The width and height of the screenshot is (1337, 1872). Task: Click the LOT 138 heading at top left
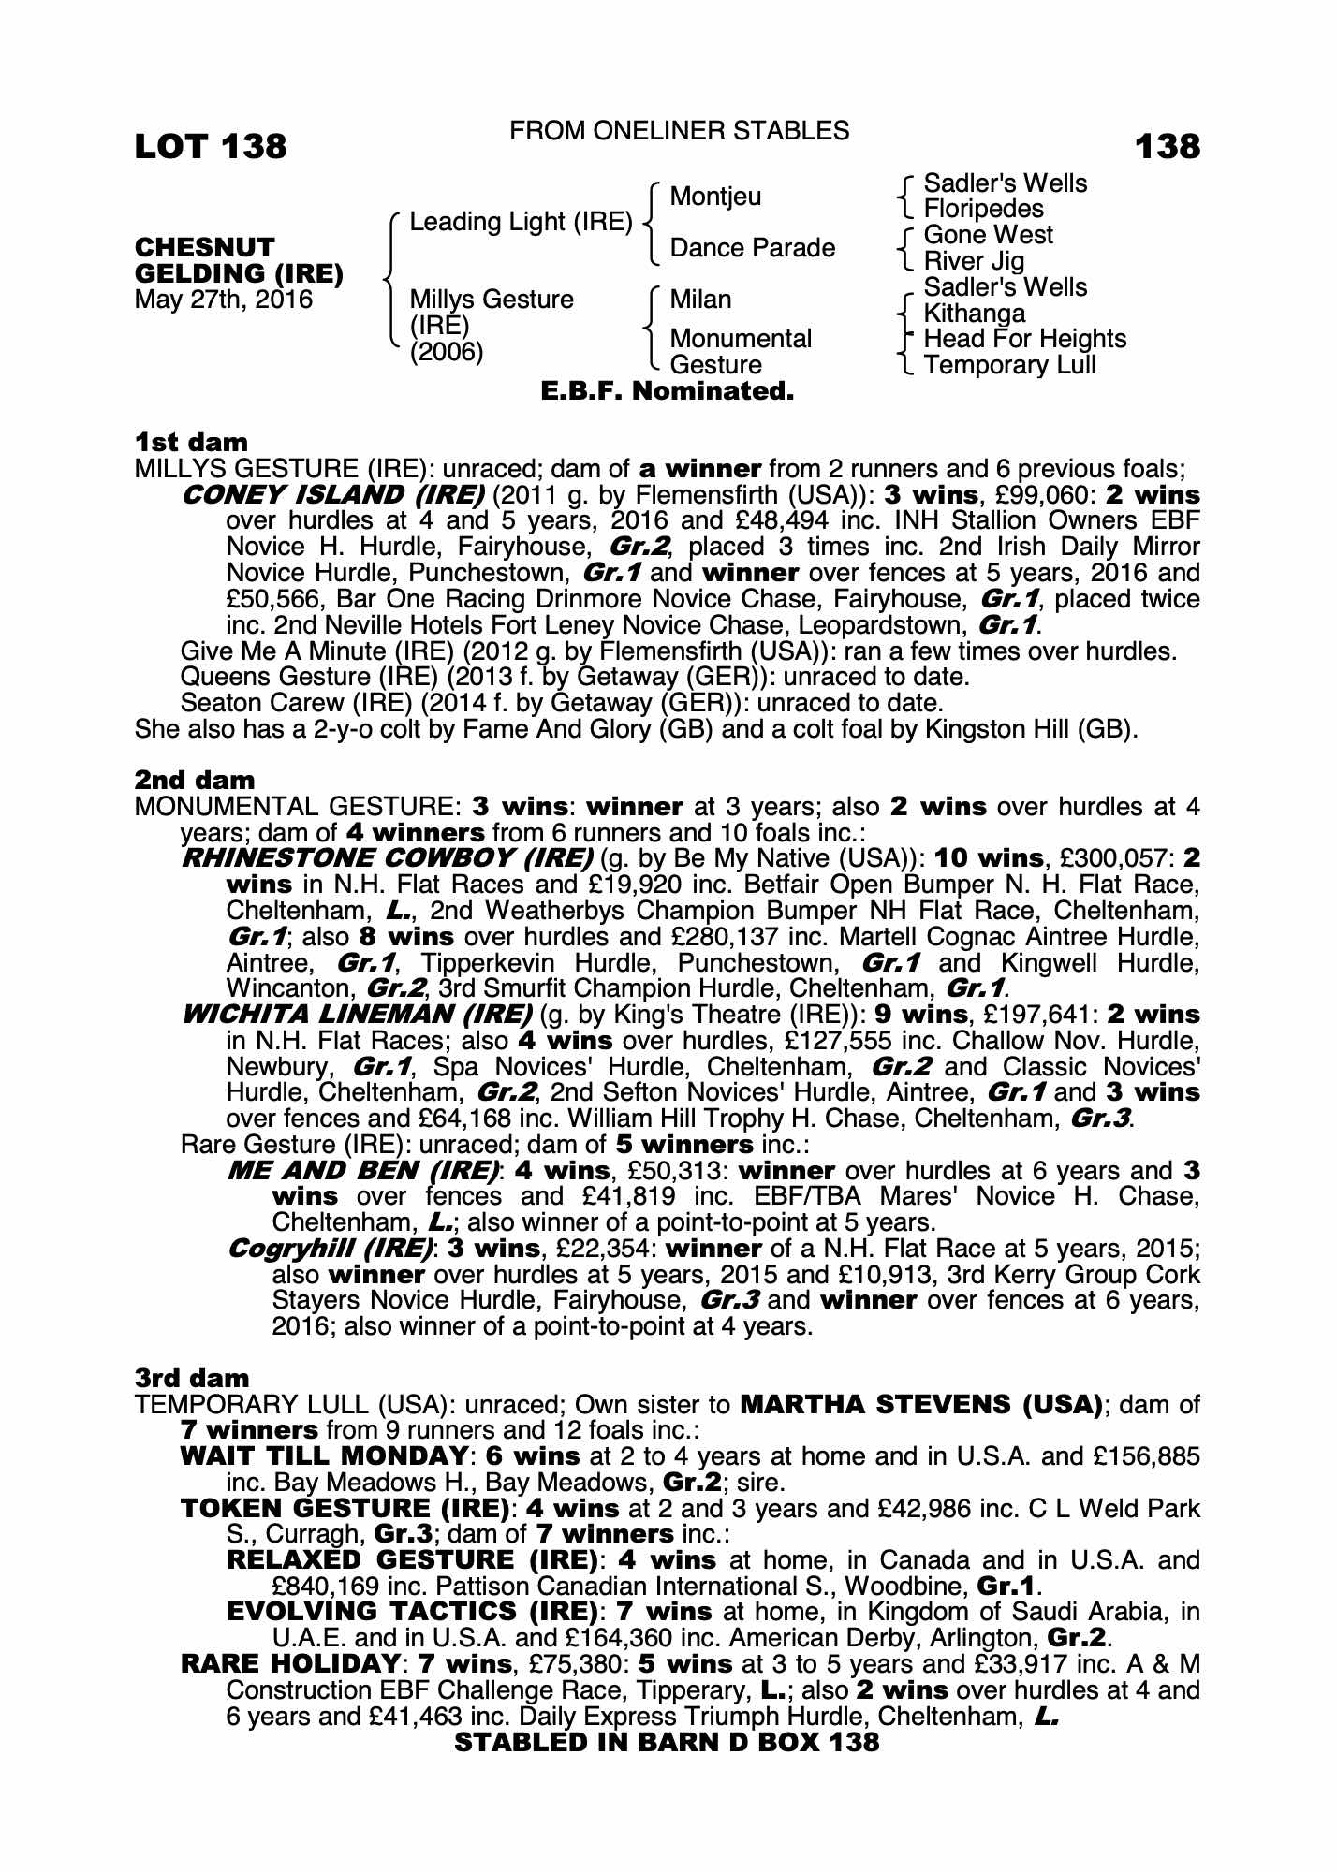coord(211,146)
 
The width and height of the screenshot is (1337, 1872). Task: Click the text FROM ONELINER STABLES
coord(679,131)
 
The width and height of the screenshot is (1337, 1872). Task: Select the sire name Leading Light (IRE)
coord(521,222)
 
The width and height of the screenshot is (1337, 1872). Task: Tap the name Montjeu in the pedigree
coord(715,197)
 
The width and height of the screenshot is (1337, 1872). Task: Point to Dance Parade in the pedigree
coord(752,248)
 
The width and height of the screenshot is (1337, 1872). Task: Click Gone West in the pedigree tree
coord(988,235)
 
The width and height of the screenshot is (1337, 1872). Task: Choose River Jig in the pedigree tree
coord(974,261)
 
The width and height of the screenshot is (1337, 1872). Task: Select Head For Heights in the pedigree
coord(1024,339)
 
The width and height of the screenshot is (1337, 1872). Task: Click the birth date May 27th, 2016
coord(224,300)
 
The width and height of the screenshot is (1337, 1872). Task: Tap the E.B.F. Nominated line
coord(668,391)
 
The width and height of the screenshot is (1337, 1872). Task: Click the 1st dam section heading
coord(191,442)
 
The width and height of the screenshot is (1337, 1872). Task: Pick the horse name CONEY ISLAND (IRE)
coord(332,494)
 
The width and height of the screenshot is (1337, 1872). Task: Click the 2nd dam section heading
coord(195,780)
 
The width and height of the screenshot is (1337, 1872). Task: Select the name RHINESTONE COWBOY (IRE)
coord(387,858)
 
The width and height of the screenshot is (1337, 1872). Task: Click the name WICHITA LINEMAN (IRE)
coord(357,1015)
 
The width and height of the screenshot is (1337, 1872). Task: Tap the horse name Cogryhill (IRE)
coord(331,1249)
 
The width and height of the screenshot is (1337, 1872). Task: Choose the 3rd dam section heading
coord(192,1378)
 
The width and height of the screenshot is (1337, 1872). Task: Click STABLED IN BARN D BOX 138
coord(667,1742)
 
